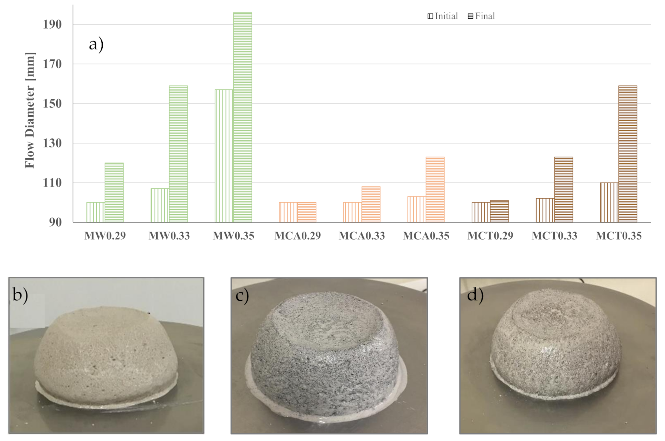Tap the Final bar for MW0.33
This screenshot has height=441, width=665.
pyautogui.click(x=178, y=154)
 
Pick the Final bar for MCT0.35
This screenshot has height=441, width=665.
pyautogui.click(x=627, y=154)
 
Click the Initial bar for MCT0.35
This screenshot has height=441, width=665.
pyautogui.click(x=609, y=202)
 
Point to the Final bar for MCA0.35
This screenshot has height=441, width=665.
pyautogui.click(x=435, y=189)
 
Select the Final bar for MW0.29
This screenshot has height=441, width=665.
pyautogui.click(x=114, y=193)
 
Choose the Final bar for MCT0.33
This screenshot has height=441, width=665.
pyautogui.click(x=563, y=189)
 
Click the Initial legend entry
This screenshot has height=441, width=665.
pyautogui.click(x=443, y=16)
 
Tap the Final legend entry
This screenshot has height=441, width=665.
pyautogui.click(x=481, y=16)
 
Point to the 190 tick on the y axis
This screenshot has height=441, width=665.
pyautogui.click(x=53, y=25)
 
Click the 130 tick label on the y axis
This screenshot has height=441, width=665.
pyautogui.click(x=53, y=144)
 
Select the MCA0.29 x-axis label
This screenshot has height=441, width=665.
pyautogui.click(x=297, y=236)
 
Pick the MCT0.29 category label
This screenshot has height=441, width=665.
pyautogui.click(x=490, y=236)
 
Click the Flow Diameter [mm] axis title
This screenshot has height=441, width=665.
pyautogui.click(x=30, y=110)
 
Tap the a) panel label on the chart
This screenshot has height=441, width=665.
pyautogui.click(x=96, y=44)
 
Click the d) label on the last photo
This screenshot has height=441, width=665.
pyautogui.click(x=475, y=295)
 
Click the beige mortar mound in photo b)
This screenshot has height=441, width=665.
pyautogui.click(x=106, y=354)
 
